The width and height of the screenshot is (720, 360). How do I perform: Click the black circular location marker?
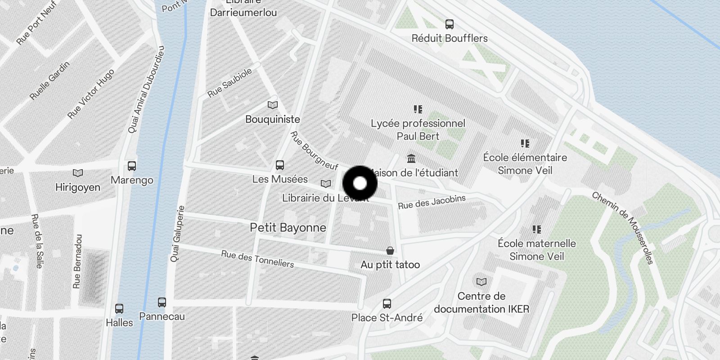point(360,183)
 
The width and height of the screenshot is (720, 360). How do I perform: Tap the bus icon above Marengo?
point(132,166)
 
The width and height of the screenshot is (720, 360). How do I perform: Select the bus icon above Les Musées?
point(280,165)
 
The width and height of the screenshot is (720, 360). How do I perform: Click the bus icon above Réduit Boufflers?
point(449,24)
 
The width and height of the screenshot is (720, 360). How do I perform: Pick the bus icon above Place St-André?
point(387,304)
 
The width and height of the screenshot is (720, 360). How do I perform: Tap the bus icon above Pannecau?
point(162,302)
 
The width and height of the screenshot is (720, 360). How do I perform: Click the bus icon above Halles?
point(119,309)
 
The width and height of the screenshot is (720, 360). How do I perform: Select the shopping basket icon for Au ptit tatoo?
point(390,251)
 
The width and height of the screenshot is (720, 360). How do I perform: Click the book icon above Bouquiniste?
point(273,105)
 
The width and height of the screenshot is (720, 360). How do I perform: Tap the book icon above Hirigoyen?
point(78,173)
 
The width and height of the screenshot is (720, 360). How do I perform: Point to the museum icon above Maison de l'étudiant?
point(411,159)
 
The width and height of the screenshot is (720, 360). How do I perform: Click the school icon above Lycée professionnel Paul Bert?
point(418,109)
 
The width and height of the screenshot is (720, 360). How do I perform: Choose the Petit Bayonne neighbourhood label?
point(288,228)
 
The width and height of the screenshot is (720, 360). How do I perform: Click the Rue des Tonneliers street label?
point(257,259)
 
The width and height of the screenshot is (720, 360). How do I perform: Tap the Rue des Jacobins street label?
point(432,202)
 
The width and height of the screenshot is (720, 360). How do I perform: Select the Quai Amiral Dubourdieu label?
point(146,90)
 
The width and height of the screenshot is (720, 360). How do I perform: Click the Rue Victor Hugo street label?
point(90,94)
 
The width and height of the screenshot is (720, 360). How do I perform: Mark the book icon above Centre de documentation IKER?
point(481,282)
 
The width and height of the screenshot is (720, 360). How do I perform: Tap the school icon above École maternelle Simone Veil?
point(537,229)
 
